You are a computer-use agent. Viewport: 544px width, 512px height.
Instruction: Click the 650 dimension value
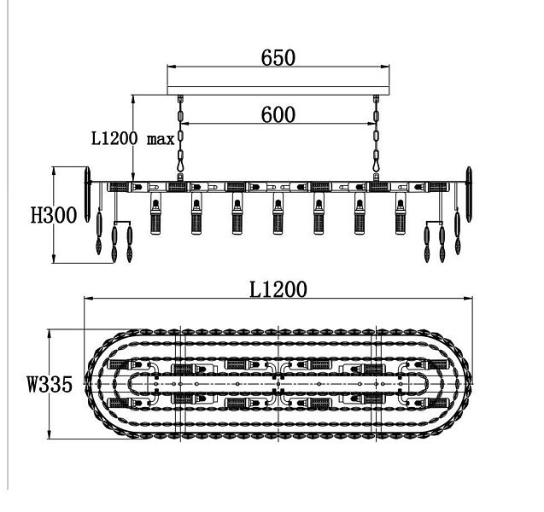278,57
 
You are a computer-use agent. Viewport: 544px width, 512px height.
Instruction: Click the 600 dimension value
278,114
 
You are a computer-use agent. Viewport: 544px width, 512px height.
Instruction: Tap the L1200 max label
132,138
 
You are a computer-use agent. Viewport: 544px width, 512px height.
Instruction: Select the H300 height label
54,215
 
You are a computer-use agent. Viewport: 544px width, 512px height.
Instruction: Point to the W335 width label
50,385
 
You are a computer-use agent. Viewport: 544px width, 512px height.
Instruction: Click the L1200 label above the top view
278,289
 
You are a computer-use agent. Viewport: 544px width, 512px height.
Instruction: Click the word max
161,140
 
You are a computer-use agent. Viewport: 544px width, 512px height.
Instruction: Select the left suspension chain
180,137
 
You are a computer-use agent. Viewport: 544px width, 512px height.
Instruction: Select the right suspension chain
376,137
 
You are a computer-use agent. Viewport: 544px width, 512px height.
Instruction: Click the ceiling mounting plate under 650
278,90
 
